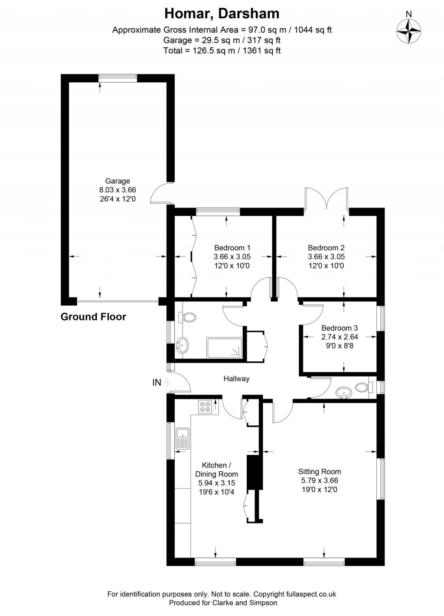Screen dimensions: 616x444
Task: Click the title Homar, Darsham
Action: (x=222, y=14)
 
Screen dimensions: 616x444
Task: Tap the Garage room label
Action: (x=118, y=181)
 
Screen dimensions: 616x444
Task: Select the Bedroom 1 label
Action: (x=232, y=248)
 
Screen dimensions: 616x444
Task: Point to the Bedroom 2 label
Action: (x=326, y=248)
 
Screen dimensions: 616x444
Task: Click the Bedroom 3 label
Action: (x=340, y=328)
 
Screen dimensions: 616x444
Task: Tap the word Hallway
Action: (x=236, y=379)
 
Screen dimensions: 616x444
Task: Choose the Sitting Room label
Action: (x=320, y=472)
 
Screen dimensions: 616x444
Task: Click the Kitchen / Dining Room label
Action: (x=216, y=470)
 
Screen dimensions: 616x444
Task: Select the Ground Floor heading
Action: (x=93, y=317)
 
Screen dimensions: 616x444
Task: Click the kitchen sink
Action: (x=182, y=438)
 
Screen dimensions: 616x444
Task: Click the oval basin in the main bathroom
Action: (x=182, y=345)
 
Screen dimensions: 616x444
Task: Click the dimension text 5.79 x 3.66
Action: (x=320, y=480)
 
